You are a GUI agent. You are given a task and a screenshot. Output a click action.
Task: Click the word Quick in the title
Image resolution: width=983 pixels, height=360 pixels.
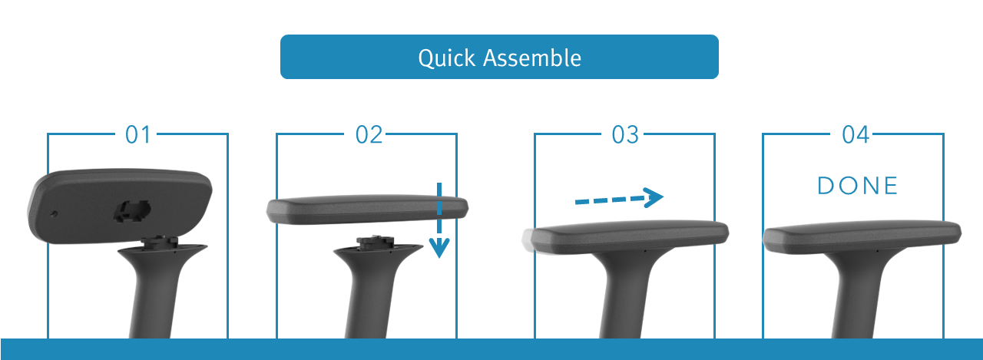coord(446,58)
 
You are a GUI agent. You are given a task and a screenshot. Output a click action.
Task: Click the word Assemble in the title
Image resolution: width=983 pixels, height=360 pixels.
coord(532,58)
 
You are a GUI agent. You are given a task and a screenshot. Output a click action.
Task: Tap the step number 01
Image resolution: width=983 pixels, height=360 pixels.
coord(137,134)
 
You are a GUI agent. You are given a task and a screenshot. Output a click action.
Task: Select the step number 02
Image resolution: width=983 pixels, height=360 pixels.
coord(369,134)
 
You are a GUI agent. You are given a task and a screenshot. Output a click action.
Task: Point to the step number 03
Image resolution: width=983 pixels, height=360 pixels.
coord(625,134)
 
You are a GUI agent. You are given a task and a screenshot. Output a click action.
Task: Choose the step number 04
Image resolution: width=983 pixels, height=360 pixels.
coord(856,134)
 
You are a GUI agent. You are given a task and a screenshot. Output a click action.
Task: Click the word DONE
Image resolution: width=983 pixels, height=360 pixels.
coord(858,186)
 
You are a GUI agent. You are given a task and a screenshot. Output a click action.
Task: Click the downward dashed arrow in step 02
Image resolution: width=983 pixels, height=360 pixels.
coord(439,220)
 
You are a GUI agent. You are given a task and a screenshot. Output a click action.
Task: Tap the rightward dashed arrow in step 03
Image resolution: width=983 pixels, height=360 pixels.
coord(619,198)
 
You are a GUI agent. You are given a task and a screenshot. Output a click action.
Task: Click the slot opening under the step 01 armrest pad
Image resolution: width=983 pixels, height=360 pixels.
coord(132,210)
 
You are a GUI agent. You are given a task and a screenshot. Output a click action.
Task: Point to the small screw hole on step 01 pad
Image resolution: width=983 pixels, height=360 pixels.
coord(54,214)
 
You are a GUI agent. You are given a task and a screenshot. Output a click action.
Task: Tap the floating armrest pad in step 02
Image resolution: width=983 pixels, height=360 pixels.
coord(367,209)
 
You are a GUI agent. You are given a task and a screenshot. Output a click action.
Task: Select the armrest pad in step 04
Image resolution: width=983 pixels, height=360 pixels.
coord(862,236)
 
